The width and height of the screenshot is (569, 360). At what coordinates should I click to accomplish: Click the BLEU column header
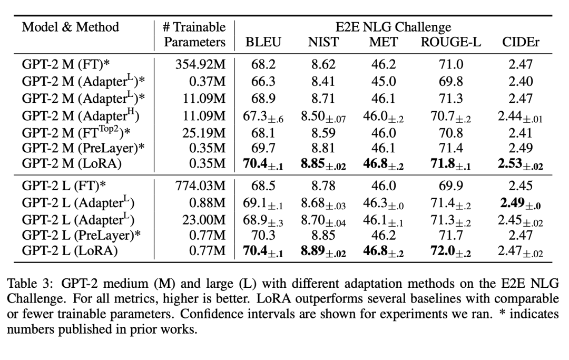click(263, 43)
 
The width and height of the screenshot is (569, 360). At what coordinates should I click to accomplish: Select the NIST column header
click(323, 43)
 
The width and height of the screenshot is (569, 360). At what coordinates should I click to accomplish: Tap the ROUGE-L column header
click(450, 43)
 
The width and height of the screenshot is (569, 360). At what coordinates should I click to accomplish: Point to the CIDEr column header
click(521, 43)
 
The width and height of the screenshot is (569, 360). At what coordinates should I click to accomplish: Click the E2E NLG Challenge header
click(393, 27)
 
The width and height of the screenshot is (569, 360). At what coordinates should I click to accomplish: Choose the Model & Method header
click(71, 27)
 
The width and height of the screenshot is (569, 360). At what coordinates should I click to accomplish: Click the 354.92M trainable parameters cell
click(200, 65)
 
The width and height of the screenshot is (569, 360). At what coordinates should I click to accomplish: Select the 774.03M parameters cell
click(200, 186)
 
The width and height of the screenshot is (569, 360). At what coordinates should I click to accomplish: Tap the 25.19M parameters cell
click(203, 132)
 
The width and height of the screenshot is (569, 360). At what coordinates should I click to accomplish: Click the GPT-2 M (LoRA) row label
click(72, 164)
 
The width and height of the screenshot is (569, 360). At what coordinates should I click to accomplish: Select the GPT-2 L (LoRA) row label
click(71, 251)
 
